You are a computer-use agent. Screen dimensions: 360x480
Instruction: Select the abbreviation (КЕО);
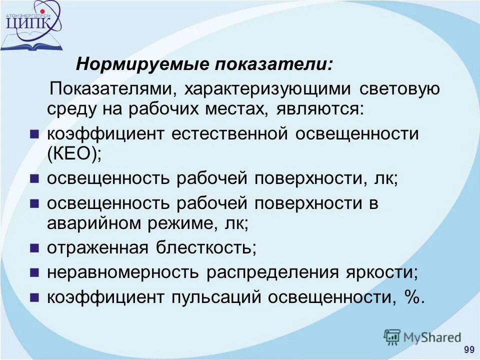74,153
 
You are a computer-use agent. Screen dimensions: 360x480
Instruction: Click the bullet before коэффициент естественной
34,134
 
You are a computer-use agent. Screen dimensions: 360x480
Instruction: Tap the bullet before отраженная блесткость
34,247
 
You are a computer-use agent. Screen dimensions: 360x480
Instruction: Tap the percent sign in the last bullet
411,297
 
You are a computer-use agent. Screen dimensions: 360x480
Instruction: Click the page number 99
469,349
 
